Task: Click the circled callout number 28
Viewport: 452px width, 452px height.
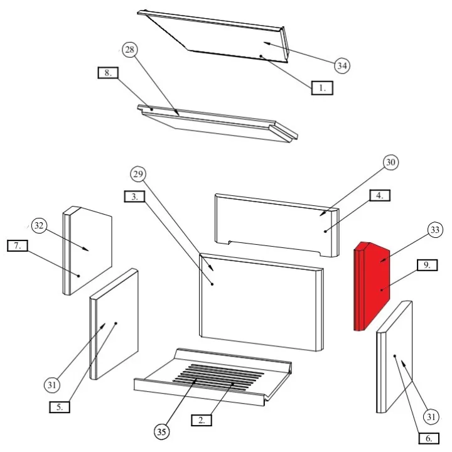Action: click(x=130, y=50)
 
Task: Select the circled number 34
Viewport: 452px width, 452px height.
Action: click(x=342, y=66)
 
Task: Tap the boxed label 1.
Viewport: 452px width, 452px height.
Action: click(x=322, y=88)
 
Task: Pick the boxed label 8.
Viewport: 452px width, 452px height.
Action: click(x=108, y=73)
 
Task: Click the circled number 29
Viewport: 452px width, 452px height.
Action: click(x=138, y=174)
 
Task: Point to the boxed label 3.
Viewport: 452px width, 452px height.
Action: click(x=134, y=196)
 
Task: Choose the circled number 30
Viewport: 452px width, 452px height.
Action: click(x=390, y=162)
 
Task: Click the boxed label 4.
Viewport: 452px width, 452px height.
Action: click(x=380, y=195)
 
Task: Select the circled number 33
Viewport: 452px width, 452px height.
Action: click(x=435, y=230)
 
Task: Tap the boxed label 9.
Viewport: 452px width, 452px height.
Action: click(x=428, y=265)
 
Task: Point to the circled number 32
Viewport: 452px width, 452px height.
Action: click(x=39, y=225)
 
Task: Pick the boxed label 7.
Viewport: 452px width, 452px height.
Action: click(x=18, y=245)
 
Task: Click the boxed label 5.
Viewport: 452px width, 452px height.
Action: click(x=60, y=407)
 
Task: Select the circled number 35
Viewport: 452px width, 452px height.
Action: click(x=162, y=432)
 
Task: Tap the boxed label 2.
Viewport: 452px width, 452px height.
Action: click(x=202, y=420)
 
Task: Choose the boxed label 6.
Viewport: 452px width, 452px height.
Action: click(x=429, y=438)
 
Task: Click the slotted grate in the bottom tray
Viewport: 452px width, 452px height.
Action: click(x=218, y=377)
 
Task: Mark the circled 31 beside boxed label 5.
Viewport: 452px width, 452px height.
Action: click(x=52, y=385)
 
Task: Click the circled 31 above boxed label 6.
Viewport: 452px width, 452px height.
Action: click(x=431, y=417)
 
